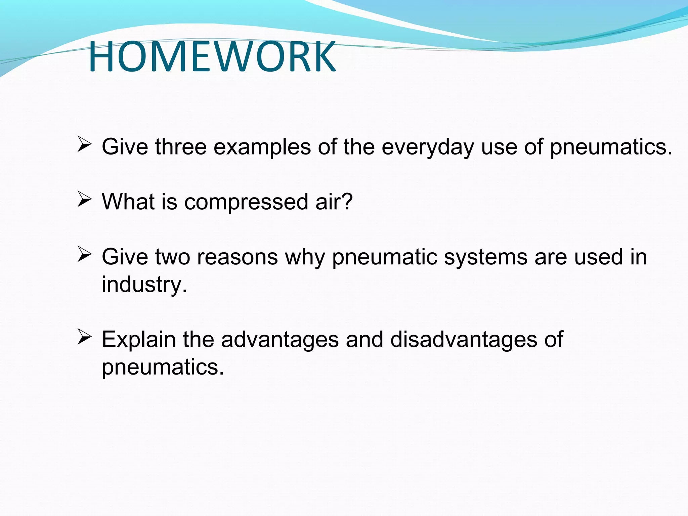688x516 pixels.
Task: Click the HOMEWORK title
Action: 212,56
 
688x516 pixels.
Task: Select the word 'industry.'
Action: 144,285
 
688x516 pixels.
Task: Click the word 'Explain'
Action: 139,340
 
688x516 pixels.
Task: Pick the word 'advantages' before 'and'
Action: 280,340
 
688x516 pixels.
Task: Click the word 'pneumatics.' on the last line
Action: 163,367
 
